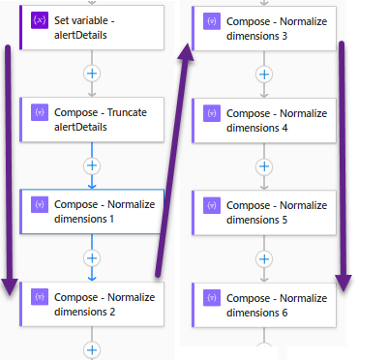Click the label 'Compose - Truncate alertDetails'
point(101,119)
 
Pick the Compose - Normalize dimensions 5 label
point(276,212)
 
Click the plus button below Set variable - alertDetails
point(93,73)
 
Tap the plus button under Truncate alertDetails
point(93,165)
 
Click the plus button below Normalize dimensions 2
point(93,349)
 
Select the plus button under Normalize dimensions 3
point(264,74)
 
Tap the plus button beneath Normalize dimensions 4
point(264,165)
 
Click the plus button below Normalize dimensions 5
point(264,257)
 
